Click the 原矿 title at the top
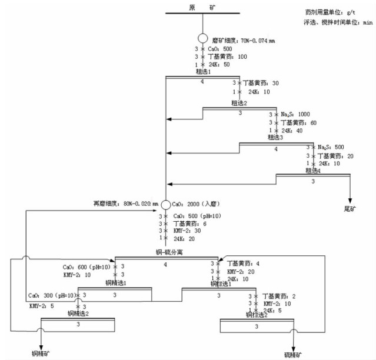[202, 7]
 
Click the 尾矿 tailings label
[351, 208]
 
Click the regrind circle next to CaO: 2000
[166, 204]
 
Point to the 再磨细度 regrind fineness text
[125, 204]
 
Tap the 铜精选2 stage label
[78, 314]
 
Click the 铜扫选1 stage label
[222, 284]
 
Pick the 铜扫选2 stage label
[257, 315]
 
